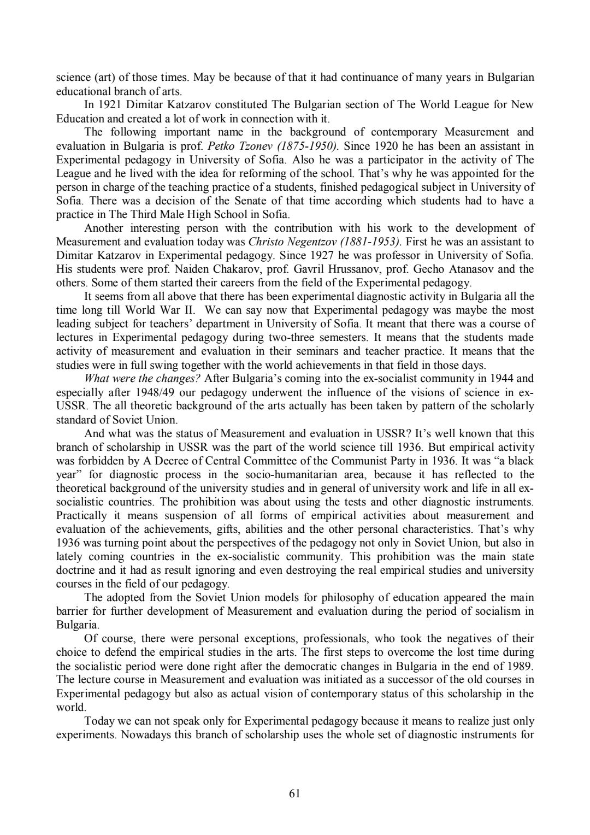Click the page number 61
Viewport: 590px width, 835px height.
pyautogui.click(x=294, y=793)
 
